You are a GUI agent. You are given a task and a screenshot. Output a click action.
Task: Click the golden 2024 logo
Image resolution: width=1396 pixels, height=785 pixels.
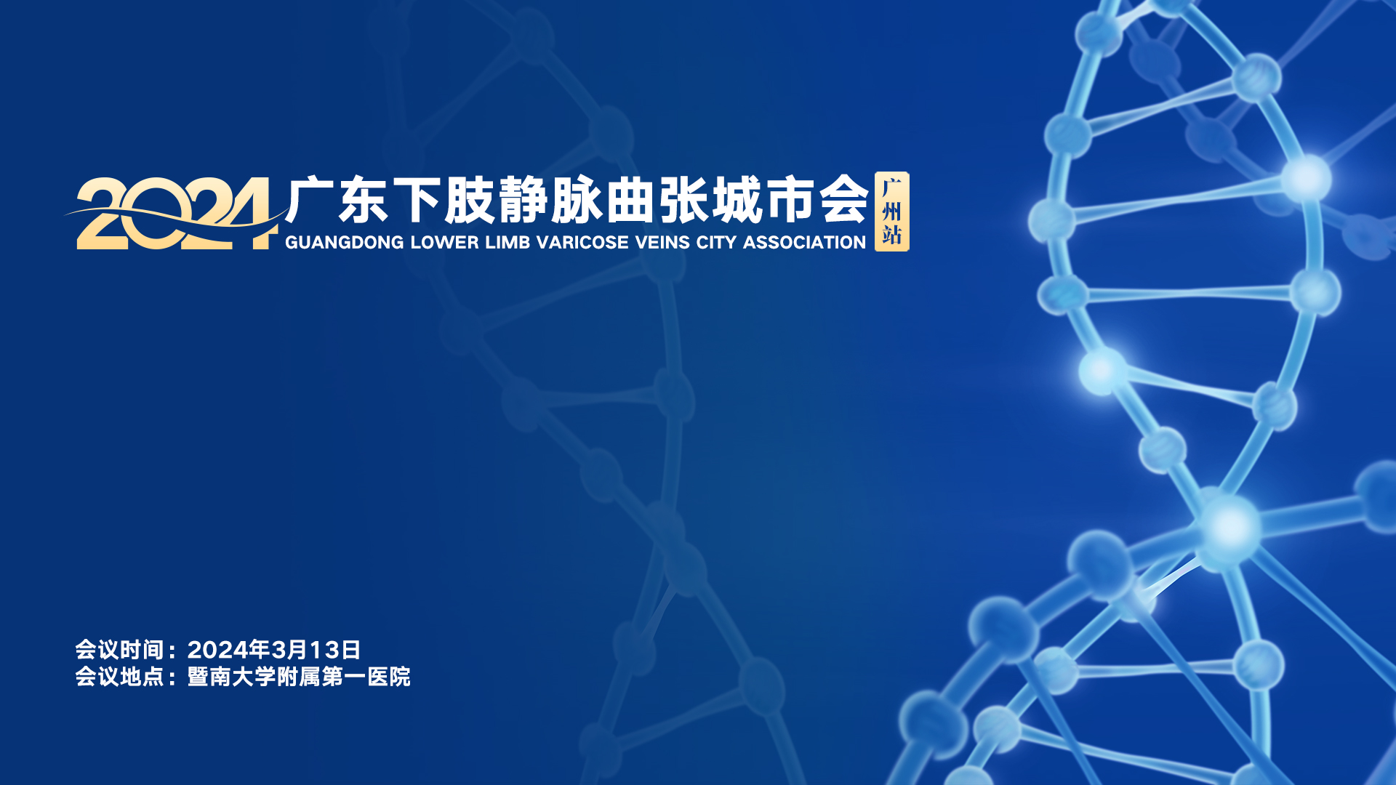[x=174, y=214]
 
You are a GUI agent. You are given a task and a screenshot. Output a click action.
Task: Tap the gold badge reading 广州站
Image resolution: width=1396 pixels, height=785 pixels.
[x=891, y=212]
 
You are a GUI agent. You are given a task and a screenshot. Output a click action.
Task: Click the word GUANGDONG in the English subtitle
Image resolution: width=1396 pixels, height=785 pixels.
[x=344, y=242]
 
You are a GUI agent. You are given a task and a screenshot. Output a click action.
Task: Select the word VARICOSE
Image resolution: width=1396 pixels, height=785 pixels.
[x=582, y=242]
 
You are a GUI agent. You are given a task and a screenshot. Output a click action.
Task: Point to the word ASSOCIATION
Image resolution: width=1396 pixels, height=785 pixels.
[x=804, y=242]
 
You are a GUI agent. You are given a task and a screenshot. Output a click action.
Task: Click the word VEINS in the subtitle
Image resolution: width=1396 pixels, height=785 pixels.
[x=662, y=242]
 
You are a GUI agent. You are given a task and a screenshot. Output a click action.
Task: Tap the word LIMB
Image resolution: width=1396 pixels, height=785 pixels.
[x=508, y=242]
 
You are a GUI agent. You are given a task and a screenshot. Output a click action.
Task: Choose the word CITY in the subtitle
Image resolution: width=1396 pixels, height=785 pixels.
[x=716, y=242]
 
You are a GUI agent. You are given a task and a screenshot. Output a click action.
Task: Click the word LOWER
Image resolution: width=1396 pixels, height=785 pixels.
[x=444, y=242]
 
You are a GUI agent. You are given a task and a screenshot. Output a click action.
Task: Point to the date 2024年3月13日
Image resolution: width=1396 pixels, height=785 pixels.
[x=274, y=650]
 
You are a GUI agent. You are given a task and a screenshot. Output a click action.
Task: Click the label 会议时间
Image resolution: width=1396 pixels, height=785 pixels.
[x=119, y=650]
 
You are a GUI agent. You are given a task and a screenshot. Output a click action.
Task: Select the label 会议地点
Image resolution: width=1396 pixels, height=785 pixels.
[x=119, y=677]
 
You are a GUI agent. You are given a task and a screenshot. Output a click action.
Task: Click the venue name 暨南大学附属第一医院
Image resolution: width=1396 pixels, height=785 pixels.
[x=299, y=677]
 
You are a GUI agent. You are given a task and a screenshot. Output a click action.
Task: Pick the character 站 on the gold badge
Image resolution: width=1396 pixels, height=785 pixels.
[x=891, y=235]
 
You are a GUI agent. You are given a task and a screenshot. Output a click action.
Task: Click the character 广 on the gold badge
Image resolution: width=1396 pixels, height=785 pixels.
[x=891, y=188]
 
